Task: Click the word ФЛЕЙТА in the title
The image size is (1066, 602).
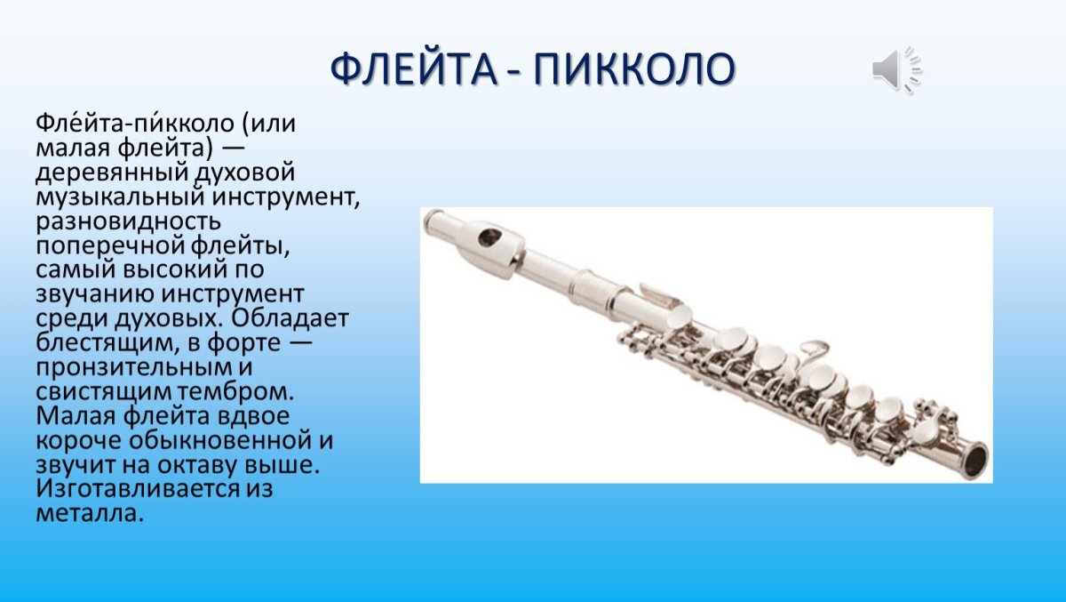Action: (x=414, y=70)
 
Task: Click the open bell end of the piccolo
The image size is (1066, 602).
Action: (x=975, y=461)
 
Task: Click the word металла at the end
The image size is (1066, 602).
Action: (x=87, y=513)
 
